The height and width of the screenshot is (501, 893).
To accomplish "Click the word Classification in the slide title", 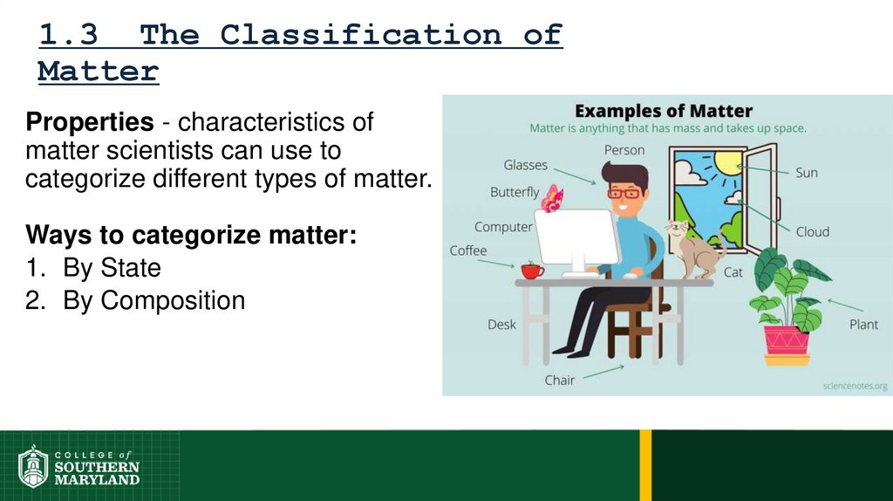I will tap(360, 35).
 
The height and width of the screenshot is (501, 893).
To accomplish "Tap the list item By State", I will tap(112, 267).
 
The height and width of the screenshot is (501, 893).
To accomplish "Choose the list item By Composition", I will tap(153, 300).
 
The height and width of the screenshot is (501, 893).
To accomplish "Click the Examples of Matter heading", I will tap(664, 111).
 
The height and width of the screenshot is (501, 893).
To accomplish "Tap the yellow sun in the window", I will tap(727, 162).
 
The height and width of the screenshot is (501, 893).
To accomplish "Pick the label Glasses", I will tap(525, 165).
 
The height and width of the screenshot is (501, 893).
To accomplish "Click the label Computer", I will tap(503, 227).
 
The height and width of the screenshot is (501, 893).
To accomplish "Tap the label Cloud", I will tap(812, 232).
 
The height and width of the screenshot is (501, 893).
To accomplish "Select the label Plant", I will tap(863, 325).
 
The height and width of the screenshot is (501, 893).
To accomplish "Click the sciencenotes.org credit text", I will tap(855, 385).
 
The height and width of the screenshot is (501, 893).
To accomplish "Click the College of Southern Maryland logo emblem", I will tap(33, 466).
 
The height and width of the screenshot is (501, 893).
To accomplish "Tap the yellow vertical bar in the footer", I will tap(645, 464).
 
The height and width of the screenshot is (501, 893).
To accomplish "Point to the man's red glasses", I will tap(624, 192).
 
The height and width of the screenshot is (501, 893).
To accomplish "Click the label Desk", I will tap(501, 325).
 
